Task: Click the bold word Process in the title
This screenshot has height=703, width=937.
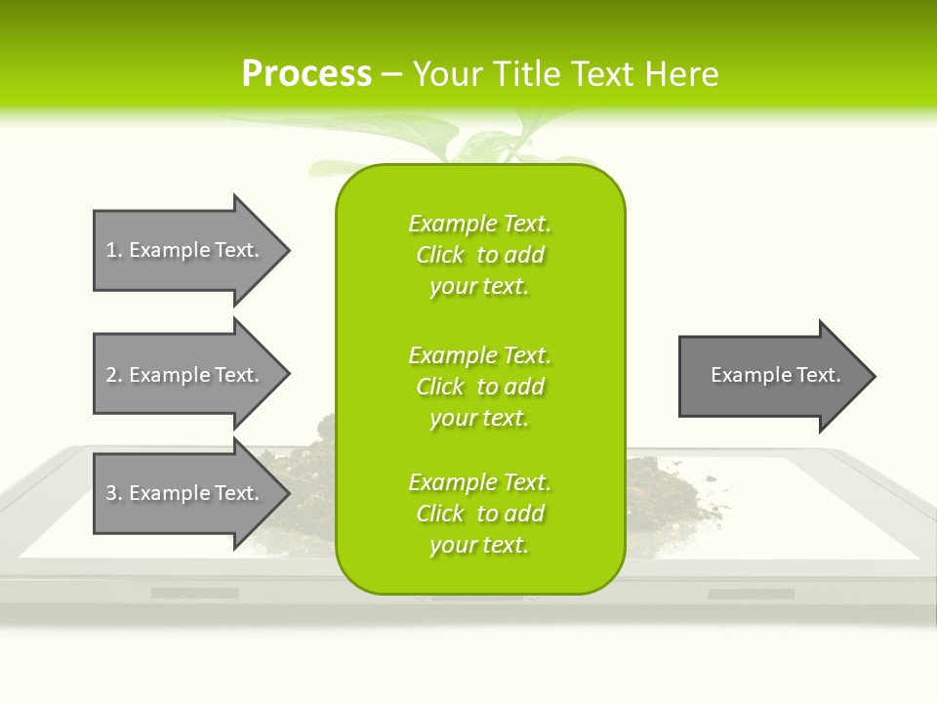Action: point(306,73)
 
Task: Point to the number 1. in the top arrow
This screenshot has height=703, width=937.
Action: point(114,250)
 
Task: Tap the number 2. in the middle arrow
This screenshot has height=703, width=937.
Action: point(114,375)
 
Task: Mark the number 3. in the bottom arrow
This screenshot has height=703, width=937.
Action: point(114,493)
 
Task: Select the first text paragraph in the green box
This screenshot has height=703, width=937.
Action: point(479,255)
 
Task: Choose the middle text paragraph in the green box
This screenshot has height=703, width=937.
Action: point(479,387)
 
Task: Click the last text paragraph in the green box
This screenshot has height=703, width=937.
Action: point(479,514)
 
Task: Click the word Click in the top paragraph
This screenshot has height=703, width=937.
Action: point(440,255)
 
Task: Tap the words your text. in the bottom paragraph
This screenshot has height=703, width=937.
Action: point(479,545)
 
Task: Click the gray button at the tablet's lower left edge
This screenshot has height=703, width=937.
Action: point(194,593)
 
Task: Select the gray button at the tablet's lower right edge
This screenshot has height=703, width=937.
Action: point(751,594)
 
